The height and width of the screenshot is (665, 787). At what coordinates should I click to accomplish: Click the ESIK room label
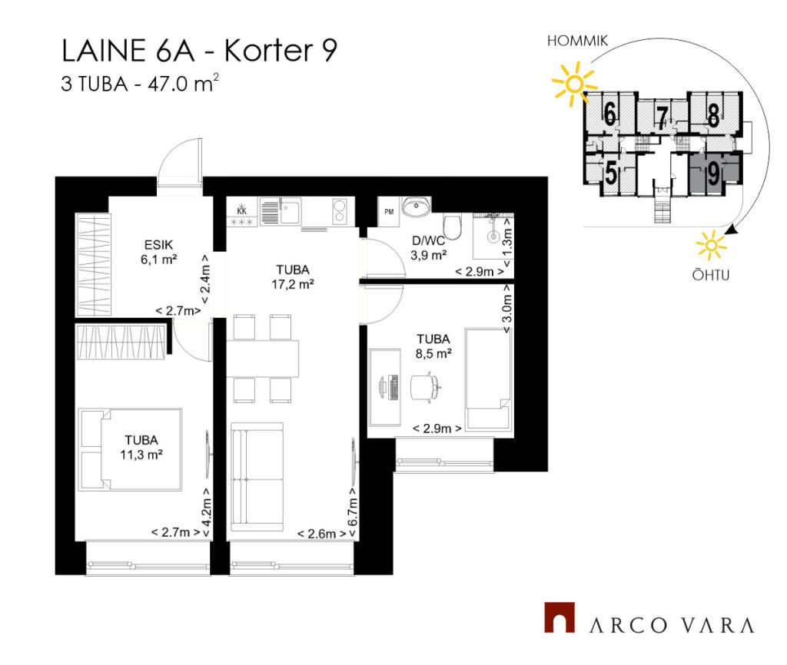(158, 245)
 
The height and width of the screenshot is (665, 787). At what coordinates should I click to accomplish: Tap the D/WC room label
(428, 240)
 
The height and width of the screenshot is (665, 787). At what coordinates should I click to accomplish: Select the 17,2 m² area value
(293, 285)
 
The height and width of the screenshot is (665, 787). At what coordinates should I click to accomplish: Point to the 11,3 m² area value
(141, 455)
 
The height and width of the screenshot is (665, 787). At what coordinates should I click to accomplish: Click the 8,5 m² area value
(433, 353)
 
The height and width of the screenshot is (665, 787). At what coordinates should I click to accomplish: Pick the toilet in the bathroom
(453, 227)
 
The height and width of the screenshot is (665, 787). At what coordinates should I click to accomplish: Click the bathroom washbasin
(416, 206)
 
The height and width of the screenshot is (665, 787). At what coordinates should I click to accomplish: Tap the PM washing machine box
(389, 212)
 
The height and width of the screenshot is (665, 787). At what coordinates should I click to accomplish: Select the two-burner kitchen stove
(340, 210)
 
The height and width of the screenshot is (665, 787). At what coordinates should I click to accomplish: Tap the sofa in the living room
(257, 477)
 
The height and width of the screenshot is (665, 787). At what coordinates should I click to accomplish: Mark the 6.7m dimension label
(353, 511)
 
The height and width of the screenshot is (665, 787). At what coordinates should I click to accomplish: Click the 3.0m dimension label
(507, 309)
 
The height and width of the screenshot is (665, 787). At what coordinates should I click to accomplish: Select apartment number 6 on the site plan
(609, 114)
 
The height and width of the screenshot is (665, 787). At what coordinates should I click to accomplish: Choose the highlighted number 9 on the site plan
(713, 174)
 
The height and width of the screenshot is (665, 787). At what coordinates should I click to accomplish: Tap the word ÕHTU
(711, 275)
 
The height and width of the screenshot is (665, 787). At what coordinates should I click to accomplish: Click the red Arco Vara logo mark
(560, 617)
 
